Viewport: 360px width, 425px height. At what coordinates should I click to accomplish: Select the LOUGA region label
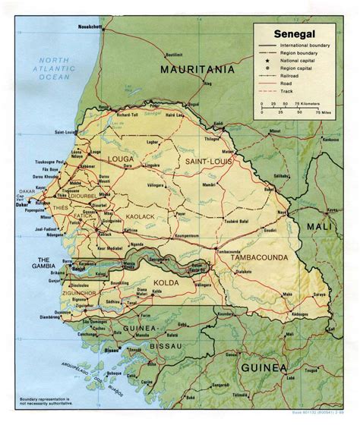click(x=122, y=160)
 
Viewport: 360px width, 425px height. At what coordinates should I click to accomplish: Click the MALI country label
click(x=314, y=226)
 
